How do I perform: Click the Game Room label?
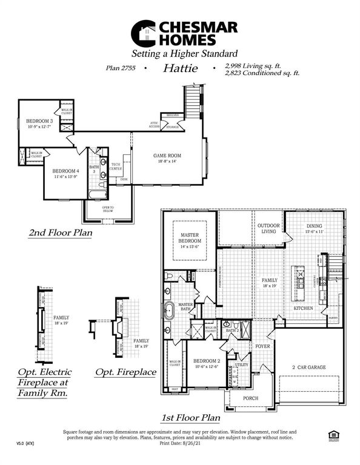pos(167,159)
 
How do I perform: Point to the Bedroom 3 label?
pos(40,124)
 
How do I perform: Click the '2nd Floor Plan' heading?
pos(60,232)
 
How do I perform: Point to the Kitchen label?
pos(303,308)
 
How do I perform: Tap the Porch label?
pos(250,398)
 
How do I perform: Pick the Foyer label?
pos(262,347)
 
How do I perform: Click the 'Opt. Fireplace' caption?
pos(125,372)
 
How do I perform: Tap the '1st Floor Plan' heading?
pos(190,418)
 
